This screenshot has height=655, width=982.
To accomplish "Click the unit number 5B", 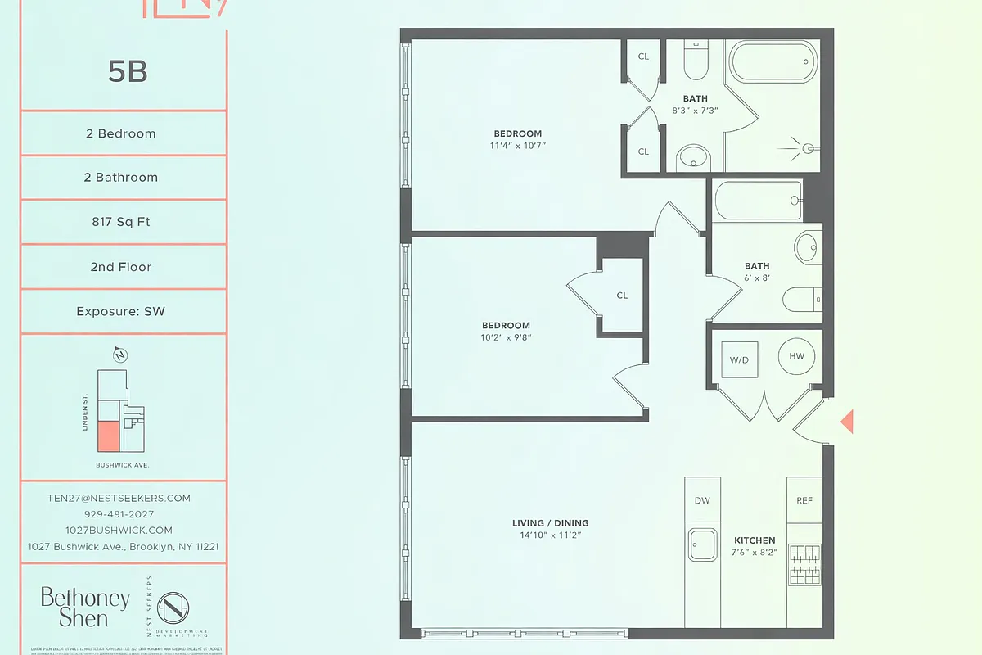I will pyautogui.click(x=127, y=72).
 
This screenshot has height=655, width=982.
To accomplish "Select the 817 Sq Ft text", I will pyautogui.click(x=121, y=222).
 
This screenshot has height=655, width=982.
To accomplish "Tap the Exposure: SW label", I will pyautogui.click(x=121, y=311).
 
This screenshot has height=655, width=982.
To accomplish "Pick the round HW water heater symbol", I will pyautogui.click(x=796, y=356).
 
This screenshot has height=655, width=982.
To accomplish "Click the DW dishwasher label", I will pyautogui.click(x=702, y=500).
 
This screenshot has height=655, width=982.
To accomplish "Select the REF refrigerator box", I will pyautogui.click(x=804, y=500).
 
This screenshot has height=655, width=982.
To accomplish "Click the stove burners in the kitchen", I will pyautogui.click(x=804, y=564).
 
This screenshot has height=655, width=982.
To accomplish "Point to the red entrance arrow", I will pyautogui.click(x=848, y=422).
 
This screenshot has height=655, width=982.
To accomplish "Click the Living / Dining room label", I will pyautogui.click(x=550, y=523).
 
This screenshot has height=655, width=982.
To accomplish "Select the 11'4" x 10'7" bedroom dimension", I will pyautogui.click(x=517, y=145).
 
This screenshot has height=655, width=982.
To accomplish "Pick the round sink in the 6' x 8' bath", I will pyautogui.click(x=809, y=246).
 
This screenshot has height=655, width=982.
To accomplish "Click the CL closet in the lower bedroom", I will pyautogui.click(x=622, y=296).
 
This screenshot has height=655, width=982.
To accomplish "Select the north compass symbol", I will pyautogui.click(x=120, y=355).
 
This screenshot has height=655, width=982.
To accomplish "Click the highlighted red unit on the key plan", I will pyautogui.click(x=108, y=436).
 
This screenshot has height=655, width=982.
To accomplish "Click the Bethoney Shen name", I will pyautogui.click(x=84, y=608).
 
